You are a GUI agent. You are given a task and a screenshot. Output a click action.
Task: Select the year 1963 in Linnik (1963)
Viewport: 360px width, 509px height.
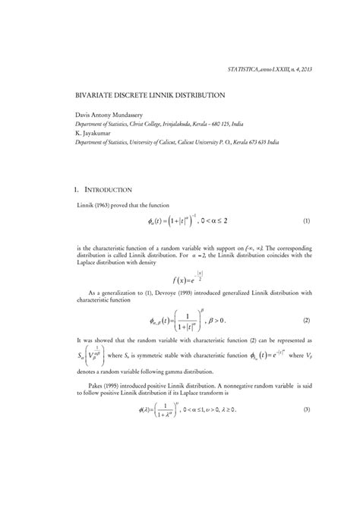[106, 205]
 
